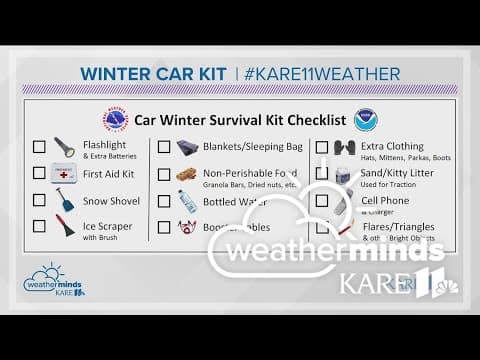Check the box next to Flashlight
coord(39,147)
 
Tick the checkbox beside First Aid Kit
coord(39,173)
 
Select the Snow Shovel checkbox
coord(39,200)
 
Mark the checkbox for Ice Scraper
coord(39,227)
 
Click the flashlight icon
coord(64,147)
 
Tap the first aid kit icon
coord(64,173)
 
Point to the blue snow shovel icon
coord(64,199)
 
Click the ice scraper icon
coord(64,227)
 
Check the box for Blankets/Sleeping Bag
coord(164,147)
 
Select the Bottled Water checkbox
coord(164,200)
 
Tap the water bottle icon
coord(186,200)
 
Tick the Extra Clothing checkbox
coord(322,147)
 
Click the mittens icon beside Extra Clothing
coord(343,147)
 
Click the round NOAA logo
coord(364,120)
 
